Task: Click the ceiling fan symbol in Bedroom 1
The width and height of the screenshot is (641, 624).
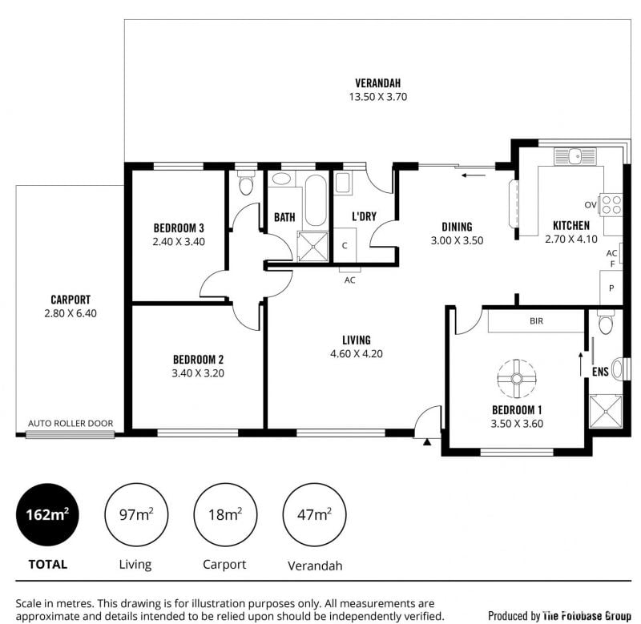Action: [517, 378]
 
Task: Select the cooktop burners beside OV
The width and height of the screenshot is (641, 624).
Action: [611, 205]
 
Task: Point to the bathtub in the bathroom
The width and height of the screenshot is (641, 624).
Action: [316, 200]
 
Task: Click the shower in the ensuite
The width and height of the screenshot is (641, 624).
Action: [606, 411]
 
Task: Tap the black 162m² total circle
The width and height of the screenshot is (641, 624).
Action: [47, 514]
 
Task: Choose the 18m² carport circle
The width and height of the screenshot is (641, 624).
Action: [225, 514]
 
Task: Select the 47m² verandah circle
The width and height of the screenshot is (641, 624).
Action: [314, 514]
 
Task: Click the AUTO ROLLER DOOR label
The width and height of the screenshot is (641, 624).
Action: [71, 424]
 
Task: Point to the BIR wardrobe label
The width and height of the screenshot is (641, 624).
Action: [536, 321]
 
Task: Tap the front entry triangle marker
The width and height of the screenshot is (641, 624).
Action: [427, 441]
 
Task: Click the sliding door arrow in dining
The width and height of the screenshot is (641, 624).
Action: [474, 175]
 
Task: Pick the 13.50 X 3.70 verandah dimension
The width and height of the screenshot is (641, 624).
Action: [377, 97]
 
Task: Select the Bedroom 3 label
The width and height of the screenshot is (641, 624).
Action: [179, 227]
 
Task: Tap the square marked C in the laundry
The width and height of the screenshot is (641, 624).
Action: [345, 245]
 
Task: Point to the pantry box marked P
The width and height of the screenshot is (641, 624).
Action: [611, 288]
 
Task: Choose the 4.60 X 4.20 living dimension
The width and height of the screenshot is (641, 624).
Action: [357, 354]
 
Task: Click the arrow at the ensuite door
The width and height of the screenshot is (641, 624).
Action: [580, 364]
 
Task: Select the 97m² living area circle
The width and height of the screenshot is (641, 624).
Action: [136, 514]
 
